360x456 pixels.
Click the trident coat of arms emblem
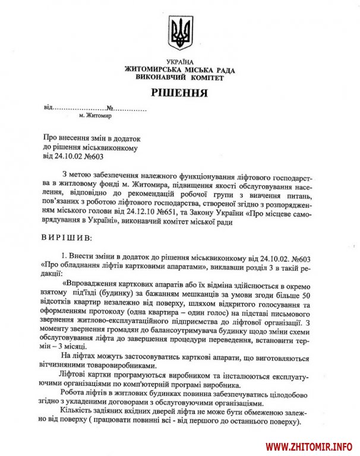[x=179, y=33]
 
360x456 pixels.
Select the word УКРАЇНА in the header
[x=179, y=62]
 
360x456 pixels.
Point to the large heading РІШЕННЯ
[x=179, y=93]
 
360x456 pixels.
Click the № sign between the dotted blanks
[x=110, y=109]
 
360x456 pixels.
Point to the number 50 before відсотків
[x=307, y=293]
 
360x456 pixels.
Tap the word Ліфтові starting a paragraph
[x=74, y=377]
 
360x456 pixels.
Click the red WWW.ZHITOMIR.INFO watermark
[x=309, y=446]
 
